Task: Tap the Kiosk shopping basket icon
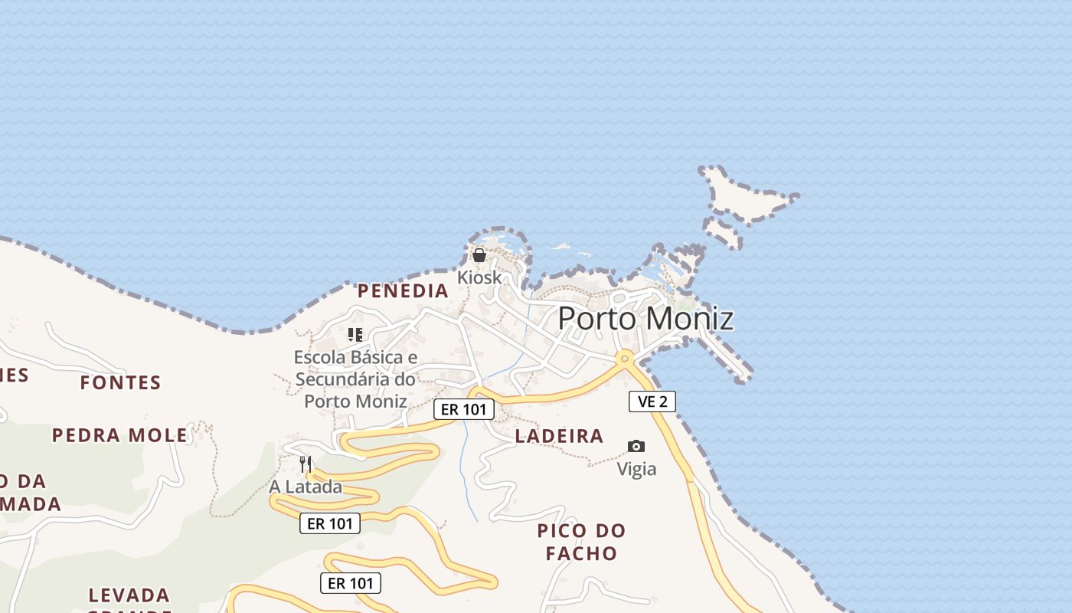click(x=479, y=255)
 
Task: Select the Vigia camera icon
click(x=636, y=446)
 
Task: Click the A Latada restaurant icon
click(x=306, y=464)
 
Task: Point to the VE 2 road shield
click(x=652, y=402)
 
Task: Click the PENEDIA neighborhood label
click(x=403, y=290)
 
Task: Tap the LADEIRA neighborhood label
click(x=559, y=436)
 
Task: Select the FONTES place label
click(x=121, y=382)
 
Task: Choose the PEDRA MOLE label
click(x=119, y=435)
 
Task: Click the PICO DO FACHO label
click(x=581, y=541)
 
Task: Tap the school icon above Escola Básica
click(x=355, y=334)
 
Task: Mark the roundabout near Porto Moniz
click(x=626, y=357)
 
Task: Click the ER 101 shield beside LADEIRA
click(x=464, y=409)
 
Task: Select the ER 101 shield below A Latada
click(x=329, y=523)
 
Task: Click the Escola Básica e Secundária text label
click(x=355, y=379)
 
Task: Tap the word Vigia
click(x=636, y=468)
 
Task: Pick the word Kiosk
click(x=479, y=277)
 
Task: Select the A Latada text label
click(x=306, y=487)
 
